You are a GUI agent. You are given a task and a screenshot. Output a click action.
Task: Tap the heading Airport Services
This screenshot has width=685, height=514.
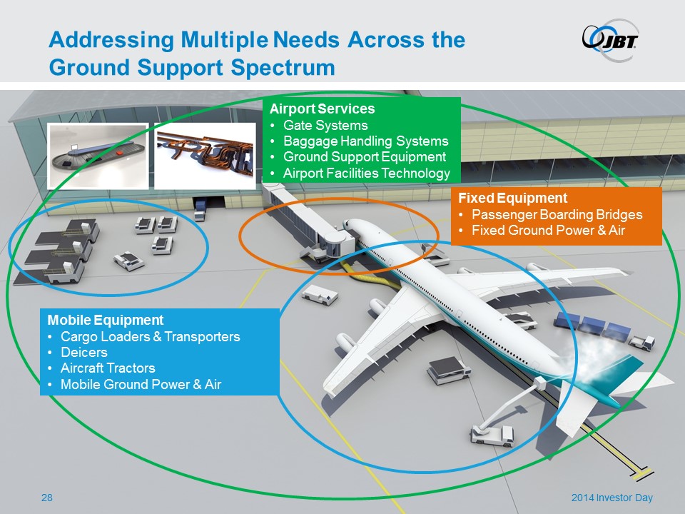[322, 110]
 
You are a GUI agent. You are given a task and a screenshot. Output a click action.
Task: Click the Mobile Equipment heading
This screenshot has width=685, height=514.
[106, 321]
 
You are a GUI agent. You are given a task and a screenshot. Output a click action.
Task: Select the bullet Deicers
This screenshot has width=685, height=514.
[84, 353]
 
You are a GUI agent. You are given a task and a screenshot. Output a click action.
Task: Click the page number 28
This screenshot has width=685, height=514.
[47, 498]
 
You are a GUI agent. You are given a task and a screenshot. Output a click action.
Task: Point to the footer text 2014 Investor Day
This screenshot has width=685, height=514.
[612, 498]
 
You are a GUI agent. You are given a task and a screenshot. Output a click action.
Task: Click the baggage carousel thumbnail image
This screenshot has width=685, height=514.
[98, 156]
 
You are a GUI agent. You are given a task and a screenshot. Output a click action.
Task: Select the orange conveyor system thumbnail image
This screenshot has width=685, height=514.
[205, 156]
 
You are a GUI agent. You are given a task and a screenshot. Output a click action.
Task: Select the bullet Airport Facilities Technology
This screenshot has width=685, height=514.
[367, 173]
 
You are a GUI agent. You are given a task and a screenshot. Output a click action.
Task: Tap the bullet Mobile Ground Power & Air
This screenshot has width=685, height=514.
[141, 385]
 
